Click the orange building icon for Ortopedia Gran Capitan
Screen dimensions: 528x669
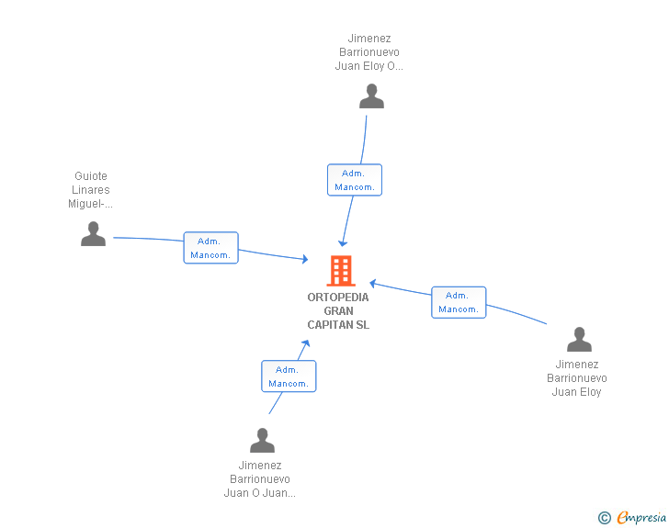coord(340,271)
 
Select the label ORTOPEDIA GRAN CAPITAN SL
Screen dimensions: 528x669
coord(338,311)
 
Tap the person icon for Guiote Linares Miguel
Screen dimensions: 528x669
coord(93,234)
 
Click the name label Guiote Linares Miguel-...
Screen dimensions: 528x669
coord(91,190)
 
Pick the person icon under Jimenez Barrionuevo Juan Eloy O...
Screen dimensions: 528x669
coord(371,96)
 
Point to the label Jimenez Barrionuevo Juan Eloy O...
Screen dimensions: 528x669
coord(369,52)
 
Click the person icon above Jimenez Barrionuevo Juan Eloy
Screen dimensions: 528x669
coord(579,340)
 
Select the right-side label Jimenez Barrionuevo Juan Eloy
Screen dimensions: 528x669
coord(577,378)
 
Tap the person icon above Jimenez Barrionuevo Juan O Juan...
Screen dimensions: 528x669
coord(262,441)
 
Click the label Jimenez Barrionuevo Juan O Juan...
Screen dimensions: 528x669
coord(260,479)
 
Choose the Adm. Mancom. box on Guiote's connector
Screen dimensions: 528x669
coord(210,248)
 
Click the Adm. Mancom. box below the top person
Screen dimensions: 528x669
coord(354,180)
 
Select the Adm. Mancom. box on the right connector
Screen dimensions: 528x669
coord(459,302)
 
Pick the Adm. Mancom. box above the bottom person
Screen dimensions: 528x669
coord(289,376)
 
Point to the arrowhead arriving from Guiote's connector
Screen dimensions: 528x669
coord(304,260)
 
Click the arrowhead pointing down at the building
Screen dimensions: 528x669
coord(342,243)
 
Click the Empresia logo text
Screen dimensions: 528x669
coord(641,518)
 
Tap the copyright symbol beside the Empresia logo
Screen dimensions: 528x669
coord(604,518)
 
